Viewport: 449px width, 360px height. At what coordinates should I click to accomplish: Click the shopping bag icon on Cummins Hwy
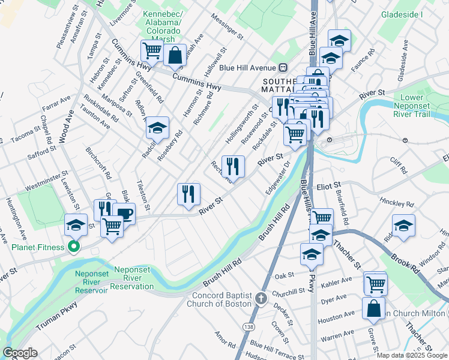click(173, 55)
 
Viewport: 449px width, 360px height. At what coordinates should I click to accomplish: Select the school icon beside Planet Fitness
click(76, 225)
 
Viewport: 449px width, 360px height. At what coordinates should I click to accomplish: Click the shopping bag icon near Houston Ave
click(373, 307)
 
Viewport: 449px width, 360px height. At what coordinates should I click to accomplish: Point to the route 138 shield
click(249, 326)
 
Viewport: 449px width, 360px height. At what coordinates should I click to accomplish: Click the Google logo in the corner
click(20, 353)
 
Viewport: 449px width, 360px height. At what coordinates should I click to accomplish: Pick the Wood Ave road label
click(63, 127)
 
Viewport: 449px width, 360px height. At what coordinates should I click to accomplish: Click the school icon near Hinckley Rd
click(403, 226)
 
